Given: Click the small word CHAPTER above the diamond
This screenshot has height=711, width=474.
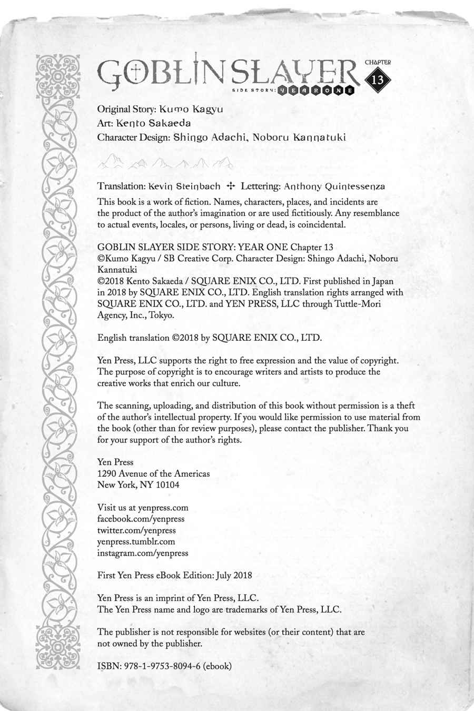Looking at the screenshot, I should click(378, 62).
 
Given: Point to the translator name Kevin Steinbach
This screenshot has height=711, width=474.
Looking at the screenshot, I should click(184, 186).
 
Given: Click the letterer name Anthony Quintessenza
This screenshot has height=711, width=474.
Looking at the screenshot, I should click(334, 186).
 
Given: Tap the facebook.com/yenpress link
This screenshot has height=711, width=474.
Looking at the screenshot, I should click(141, 519).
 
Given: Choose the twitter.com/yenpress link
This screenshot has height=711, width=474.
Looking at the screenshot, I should click(136, 530).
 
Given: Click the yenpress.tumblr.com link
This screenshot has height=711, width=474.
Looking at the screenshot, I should click(136, 541).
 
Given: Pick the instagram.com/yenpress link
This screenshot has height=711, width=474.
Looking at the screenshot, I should click(143, 553).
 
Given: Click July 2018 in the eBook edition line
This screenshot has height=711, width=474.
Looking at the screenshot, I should click(234, 576).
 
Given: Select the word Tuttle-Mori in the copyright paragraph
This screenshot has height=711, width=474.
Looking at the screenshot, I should click(359, 304).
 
